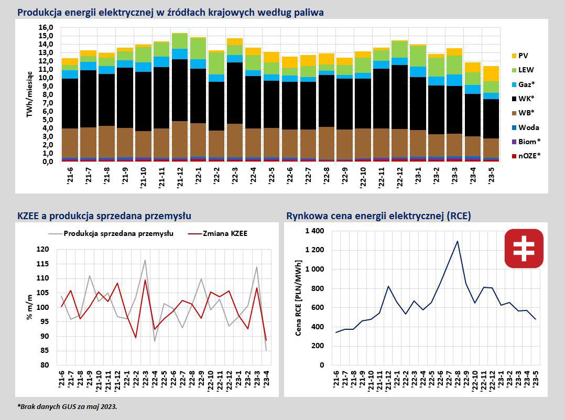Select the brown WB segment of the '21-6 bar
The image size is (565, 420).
click(x=70, y=142)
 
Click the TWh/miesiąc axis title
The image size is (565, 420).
click(x=31, y=94)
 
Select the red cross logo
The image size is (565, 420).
click(x=524, y=249)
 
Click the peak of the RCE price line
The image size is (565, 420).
click(x=457, y=241)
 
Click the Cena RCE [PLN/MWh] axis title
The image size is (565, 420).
click(x=298, y=297)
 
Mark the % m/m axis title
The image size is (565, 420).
click(x=30, y=307)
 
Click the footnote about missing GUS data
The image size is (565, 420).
click(x=67, y=406)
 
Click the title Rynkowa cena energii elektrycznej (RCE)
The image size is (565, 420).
click(x=378, y=216)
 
